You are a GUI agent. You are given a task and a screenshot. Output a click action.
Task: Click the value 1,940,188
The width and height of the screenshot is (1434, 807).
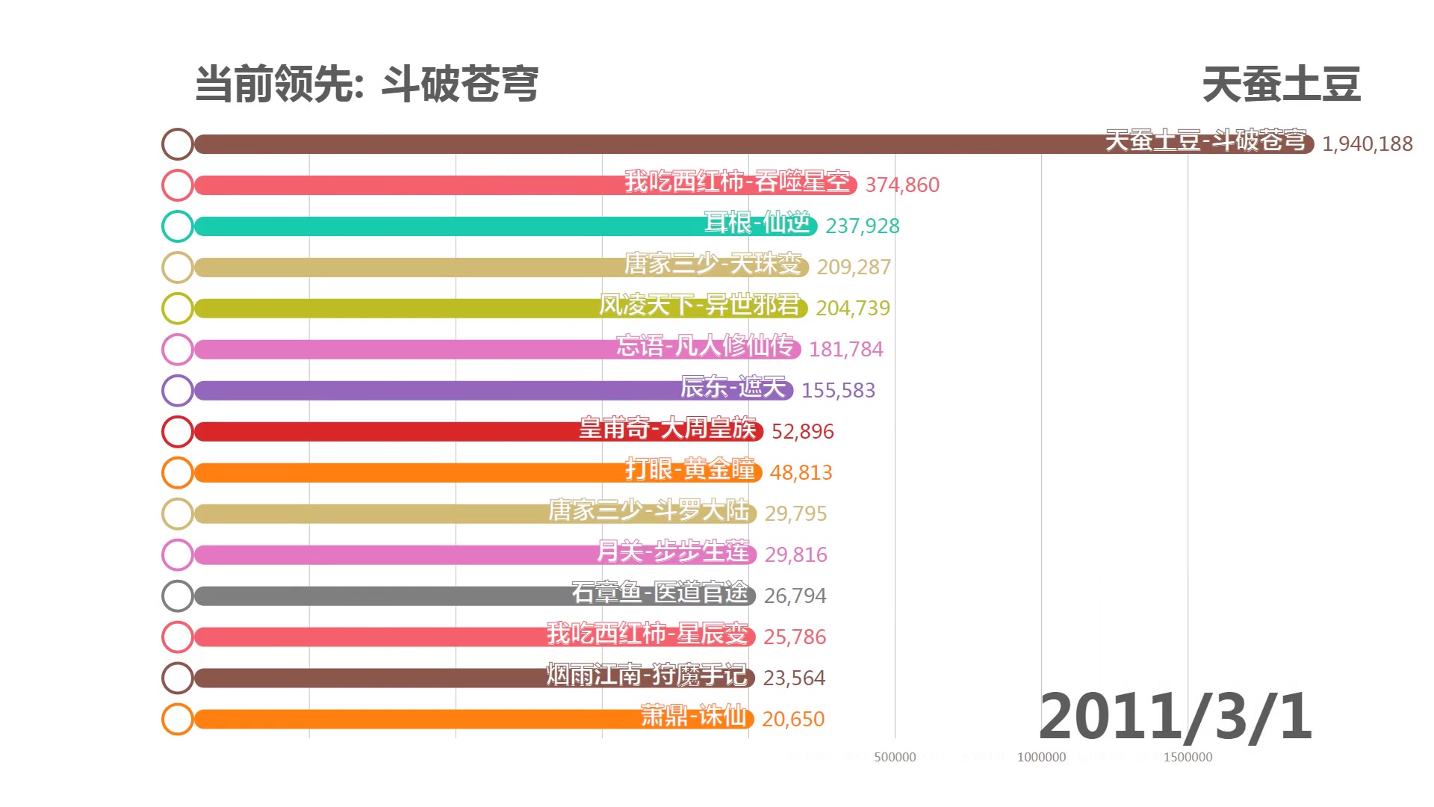1367,143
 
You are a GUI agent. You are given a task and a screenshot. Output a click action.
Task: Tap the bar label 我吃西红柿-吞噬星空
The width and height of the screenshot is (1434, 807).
737,182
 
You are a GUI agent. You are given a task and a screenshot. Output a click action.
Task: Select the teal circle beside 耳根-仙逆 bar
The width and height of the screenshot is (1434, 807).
178,226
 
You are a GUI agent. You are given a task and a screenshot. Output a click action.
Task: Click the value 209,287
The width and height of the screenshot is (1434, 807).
854,267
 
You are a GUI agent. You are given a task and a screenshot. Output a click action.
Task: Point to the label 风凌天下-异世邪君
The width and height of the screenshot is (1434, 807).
699,305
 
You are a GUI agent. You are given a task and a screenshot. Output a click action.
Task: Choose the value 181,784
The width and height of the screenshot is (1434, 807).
845,349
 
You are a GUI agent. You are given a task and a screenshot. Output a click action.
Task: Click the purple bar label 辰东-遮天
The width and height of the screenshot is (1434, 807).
733,387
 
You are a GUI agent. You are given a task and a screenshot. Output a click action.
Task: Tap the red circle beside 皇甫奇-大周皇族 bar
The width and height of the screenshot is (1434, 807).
178,432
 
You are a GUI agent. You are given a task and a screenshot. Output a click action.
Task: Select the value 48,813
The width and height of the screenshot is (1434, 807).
801,472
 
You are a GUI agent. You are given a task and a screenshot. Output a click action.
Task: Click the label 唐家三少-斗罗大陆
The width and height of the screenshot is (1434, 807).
648,510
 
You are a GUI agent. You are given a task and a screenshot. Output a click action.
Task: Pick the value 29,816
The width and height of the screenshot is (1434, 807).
795,554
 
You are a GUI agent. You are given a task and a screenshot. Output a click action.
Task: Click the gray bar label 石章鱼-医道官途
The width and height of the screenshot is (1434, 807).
659,593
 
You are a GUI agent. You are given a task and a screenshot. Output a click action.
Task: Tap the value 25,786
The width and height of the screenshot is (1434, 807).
795,637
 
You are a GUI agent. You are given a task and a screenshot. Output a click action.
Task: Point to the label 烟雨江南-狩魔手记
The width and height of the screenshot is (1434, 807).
646,675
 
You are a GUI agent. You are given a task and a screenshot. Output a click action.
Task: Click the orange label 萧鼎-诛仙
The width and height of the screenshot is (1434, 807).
693,716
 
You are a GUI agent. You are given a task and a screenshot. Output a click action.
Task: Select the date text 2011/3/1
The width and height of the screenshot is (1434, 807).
1175,716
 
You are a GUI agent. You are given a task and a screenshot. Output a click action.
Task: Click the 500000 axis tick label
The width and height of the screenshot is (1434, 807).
895,757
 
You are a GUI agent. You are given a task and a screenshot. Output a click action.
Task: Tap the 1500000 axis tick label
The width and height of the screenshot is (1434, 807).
1188,757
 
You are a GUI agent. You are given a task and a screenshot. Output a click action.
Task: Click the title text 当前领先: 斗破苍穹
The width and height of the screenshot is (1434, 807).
366,84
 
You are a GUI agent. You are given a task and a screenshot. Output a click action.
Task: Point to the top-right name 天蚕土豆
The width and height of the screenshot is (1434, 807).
1281,84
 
